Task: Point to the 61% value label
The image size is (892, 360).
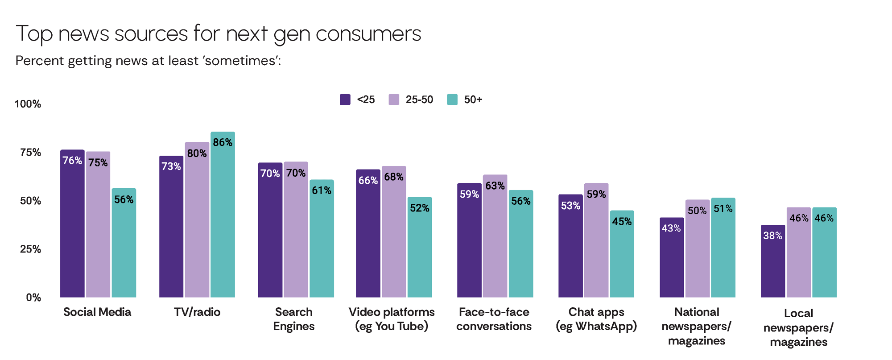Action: point(322,190)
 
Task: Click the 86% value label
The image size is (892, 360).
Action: point(223,142)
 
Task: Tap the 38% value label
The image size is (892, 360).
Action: point(773,236)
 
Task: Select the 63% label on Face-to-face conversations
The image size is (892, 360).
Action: point(495,186)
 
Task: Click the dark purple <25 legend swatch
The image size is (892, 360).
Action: point(345,99)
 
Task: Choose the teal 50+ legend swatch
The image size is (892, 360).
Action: point(452,99)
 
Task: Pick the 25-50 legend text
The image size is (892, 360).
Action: point(419,99)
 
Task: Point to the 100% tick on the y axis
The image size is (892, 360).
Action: point(28,104)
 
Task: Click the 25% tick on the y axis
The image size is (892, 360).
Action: point(30,249)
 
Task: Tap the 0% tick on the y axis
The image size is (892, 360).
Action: point(33,298)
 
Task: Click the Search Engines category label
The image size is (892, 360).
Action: point(294,319)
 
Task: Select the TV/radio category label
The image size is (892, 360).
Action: point(197,312)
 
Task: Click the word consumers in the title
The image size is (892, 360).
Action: point(368,34)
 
